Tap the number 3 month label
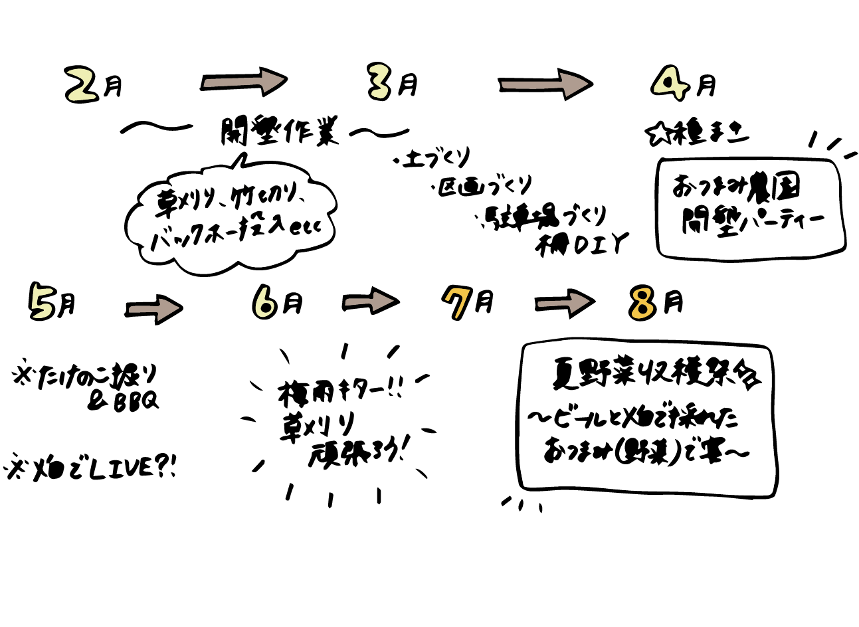click(380, 84)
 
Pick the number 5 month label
click(41, 302)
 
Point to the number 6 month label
click(264, 304)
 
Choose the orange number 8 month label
click(643, 304)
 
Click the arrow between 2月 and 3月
click(243, 82)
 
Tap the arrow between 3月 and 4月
click(544, 84)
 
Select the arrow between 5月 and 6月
click(153, 309)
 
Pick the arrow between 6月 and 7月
click(370, 302)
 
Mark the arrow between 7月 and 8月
click(564, 303)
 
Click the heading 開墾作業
click(280, 132)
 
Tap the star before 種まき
click(656, 135)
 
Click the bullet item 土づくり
click(436, 159)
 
